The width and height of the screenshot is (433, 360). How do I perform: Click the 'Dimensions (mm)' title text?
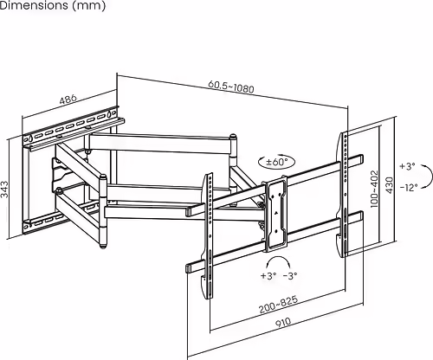(54, 7)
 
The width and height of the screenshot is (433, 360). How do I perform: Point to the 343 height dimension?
(7, 185)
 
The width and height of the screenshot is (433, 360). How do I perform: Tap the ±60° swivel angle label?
(276, 162)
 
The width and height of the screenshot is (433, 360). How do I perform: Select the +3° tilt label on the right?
(407, 166)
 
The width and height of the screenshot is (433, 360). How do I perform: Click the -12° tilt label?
(409, 187)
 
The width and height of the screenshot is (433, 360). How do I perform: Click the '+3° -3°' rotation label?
(279, 276)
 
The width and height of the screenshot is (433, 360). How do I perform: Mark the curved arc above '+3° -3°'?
(278, 260)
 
